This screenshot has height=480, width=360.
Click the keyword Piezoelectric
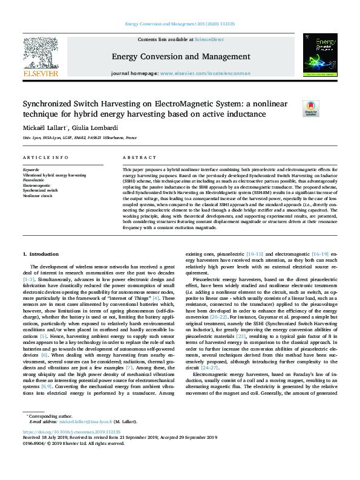pyautogui.click(x=33, y=180)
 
